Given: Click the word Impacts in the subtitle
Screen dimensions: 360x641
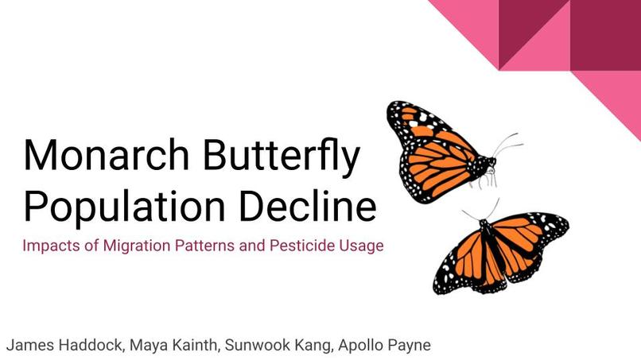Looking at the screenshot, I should tap(49, 246).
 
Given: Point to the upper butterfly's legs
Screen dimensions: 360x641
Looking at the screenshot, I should tap(488, 180).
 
